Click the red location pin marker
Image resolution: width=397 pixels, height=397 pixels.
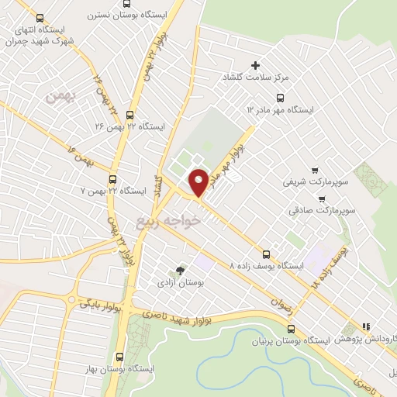pos(198,181)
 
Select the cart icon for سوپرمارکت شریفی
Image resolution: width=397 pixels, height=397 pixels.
pos(314,170)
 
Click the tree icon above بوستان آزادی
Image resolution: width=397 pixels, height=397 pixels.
pos(180,270)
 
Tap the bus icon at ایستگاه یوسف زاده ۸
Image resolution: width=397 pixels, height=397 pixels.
pos(267,253)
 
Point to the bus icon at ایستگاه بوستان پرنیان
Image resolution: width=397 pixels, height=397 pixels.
pos(291,329)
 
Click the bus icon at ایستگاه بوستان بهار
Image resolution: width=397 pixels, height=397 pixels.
pos(119,357)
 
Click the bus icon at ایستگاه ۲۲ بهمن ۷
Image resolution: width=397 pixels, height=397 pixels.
pos(113,178)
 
